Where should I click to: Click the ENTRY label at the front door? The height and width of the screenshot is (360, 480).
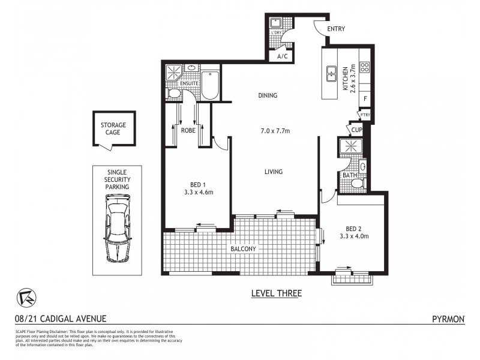point(336,28)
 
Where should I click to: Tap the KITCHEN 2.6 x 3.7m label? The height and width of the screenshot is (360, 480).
point(349,78)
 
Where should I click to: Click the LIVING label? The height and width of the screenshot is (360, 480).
point(274,172)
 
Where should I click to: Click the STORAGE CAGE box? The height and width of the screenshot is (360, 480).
point(113,128)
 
